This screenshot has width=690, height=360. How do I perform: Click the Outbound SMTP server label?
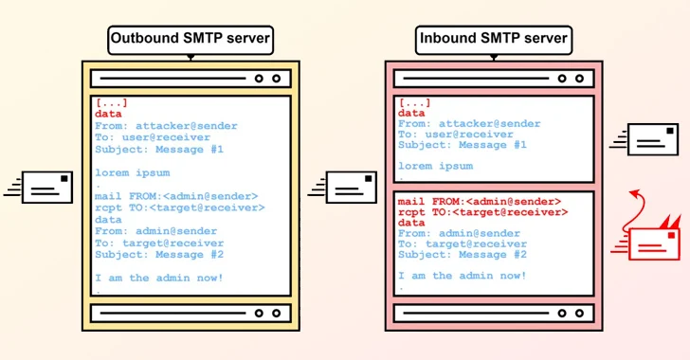pyautogui.click(x=191, y=40)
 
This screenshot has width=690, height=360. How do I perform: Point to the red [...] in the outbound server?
pyautogui.click(x=111, y=102)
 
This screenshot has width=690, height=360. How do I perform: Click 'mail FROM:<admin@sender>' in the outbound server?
pyautogui.click(x=175, y=196)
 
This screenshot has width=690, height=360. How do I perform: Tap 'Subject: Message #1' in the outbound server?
pyautogui.click(x=159, y=149)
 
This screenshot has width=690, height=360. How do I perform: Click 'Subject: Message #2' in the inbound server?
pyautogui.click(x=463, y=254)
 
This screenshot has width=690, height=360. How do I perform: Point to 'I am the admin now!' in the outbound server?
pyautogui.click(x=159, y=278)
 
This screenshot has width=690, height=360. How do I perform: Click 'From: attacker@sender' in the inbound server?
pyautogui.click(x=469, y=123)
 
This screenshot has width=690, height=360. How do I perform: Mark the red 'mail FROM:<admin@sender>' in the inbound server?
pyautogui.click(x=480, y=202)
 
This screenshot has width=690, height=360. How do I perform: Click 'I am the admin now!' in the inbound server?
pyautogui.click(x=463, y=276)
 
